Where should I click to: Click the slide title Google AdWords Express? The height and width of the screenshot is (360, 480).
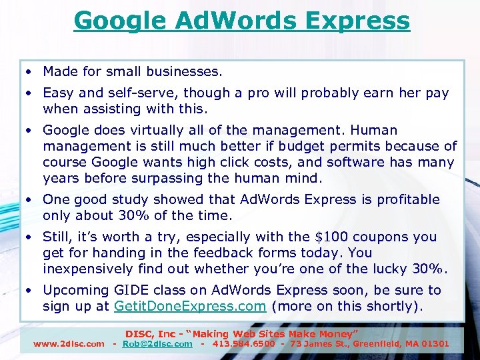pos(241,21)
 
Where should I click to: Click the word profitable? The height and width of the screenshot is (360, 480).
pos(409,199)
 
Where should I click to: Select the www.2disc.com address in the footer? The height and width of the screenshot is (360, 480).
pos(69,344)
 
